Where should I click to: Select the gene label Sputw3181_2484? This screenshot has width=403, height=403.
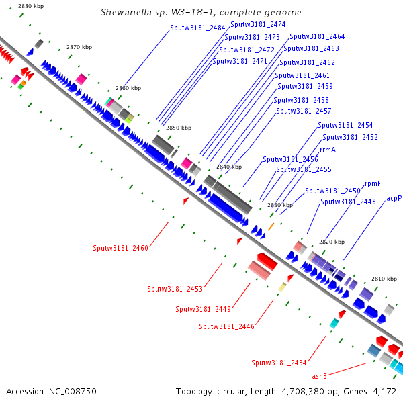click(x=197, y=28)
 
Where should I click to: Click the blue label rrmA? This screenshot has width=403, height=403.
click(x=328, y=150)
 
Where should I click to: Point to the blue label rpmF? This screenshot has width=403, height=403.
click(x=372, y=183)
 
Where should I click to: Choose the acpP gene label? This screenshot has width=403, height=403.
click(x=394, y=199)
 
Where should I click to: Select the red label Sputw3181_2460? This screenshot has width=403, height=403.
click(x=120, y=248)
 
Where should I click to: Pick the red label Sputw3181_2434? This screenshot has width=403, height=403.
click(x=279, y=363)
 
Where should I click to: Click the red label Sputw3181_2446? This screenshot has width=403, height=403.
click(x=227, y=326)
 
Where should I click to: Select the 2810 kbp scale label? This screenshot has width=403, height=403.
click(x=384, y=278)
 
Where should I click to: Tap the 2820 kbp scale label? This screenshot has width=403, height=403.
click(x=331, y=242)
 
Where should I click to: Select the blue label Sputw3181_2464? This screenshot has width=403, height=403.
click(x=317, y=36)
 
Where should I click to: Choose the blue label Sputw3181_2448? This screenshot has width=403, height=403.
click(x=348, y=201)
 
